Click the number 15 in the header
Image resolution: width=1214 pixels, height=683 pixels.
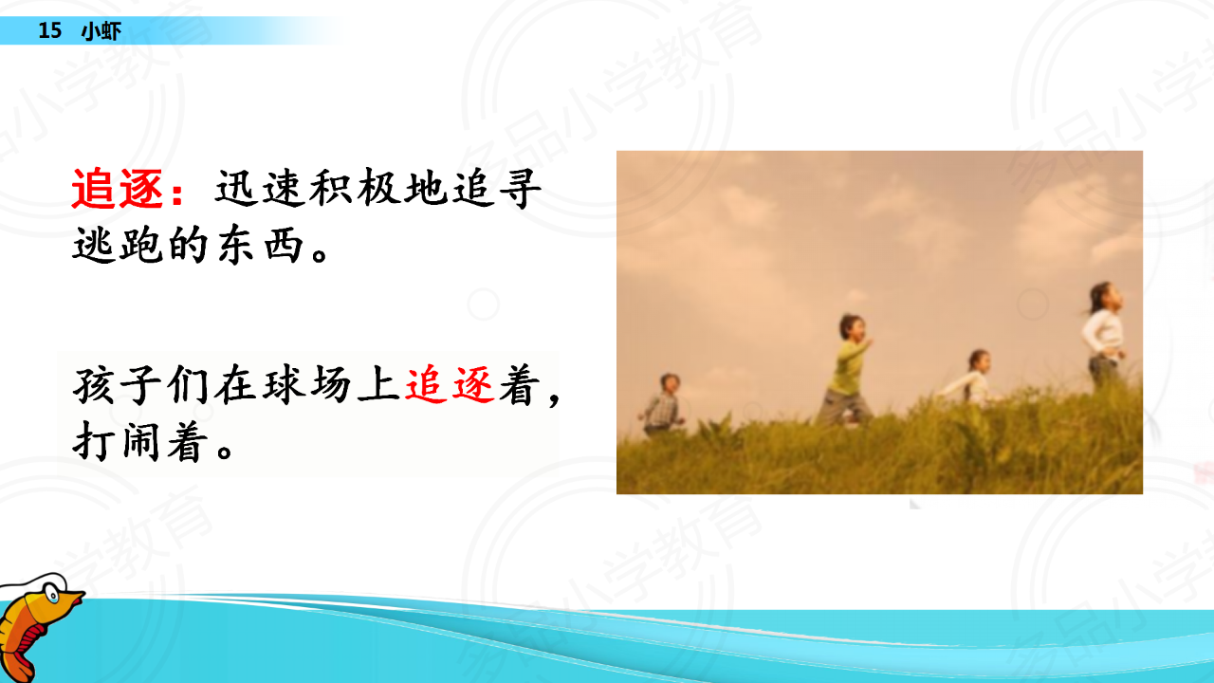(x=50, y=30)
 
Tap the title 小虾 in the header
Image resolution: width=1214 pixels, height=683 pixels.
(x=101, y=31)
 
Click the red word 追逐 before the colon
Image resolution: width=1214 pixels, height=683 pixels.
(x=118, y=189)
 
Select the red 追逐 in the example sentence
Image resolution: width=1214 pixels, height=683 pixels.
(x=450, y=385)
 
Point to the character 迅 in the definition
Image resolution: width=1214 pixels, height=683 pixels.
(x=237, y=188)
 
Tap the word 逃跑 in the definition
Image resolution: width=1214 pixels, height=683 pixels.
(x=118, y=245)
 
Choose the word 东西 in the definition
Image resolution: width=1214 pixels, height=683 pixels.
(x=260, y=245)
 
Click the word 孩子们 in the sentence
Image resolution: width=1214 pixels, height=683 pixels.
(x=141, y=385)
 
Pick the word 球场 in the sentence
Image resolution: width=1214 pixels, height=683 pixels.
(x=307, y=385)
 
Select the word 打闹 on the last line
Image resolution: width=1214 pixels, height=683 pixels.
(x=116, y=442)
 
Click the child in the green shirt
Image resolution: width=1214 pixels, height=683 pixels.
(x=845, y=370)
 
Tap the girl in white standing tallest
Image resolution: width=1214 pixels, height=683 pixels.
(x=1103, y=335)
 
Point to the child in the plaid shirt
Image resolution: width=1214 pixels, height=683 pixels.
(x=662, y=404)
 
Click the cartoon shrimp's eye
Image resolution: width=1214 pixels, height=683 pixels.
(x=51, y=594)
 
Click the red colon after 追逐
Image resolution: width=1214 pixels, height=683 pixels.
(x=176, y=192)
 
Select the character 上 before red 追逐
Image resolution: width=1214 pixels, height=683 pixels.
(x=378, y=385)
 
